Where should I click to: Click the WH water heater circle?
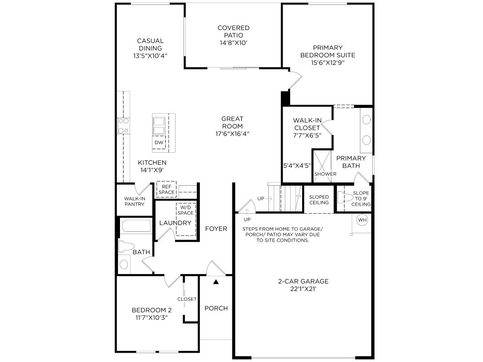point(362,220)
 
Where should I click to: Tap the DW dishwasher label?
point(159,143)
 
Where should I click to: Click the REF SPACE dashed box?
point(166,189)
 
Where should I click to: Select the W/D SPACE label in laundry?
point(185,210)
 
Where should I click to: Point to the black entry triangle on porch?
point(216,282)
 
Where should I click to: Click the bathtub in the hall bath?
point(136,226)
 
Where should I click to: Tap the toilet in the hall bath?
point(126,247)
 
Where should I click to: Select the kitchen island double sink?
point(159,126)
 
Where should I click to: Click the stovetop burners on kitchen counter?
point(123,126)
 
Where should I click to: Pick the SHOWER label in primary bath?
point(325,174)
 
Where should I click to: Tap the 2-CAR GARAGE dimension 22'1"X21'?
point(303,289)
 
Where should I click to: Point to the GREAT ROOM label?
point(232,122)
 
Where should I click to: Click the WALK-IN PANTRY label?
point(135,201)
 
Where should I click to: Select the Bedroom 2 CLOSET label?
point(187,299)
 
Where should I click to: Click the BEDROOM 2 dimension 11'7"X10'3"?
point(152,318)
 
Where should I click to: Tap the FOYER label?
point(216,229)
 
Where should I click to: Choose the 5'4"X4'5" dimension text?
point(297,166)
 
